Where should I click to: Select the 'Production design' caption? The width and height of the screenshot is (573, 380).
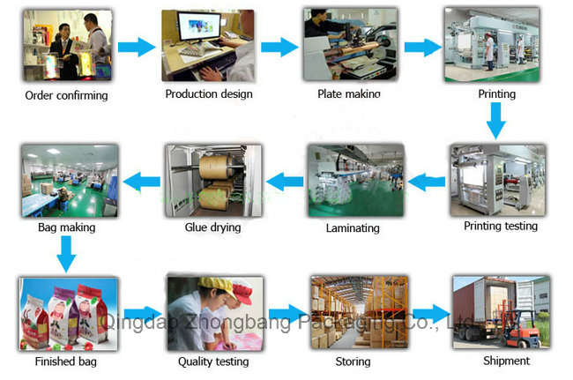(x=209, y=93)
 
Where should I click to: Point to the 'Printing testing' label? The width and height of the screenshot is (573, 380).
(x=500, y=226)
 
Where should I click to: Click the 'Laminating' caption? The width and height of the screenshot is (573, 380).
(x=353, y=227)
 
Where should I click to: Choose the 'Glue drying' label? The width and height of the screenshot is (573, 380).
(x=213, y=227)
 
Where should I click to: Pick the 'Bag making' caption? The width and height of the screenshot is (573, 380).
(x=66, y=227)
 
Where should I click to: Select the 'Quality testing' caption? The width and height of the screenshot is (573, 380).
(x=213, y=361)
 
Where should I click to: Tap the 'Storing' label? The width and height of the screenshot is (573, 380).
(x=352, y=361)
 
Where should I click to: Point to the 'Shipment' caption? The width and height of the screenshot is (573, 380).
(x=506, y=361)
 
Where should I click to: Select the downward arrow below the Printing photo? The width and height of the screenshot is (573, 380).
(x=496, y=119)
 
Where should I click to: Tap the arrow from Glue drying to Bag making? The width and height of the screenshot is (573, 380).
(x=138, y=183)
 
